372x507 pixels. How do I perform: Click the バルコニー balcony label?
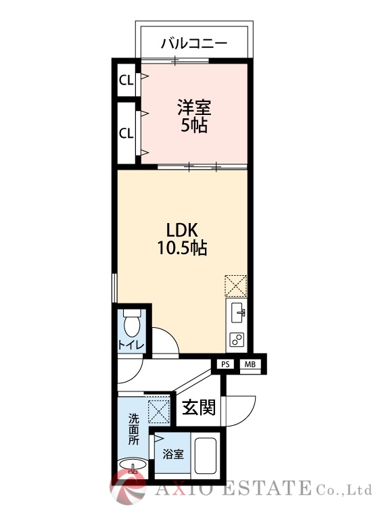coord(194,43)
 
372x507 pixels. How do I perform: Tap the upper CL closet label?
coord(126,80)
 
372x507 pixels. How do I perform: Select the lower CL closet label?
coord(126,133)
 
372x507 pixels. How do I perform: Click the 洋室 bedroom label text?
coord(194,107)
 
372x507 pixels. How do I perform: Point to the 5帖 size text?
coord(194,125)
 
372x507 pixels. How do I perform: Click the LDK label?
coord(182,231)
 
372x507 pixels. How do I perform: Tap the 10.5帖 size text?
coord(182,248)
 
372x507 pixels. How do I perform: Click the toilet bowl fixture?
coord(132,322)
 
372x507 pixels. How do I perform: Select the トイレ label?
coord(131,345)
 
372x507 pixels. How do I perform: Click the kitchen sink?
coord(237,312)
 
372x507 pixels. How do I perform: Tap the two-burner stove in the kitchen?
coord(237,339)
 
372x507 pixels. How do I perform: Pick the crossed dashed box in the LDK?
coord(236,286)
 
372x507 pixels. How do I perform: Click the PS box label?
coord(225,364)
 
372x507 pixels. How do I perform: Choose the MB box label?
coord(250,364)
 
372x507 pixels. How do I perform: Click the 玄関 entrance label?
coord(199,407)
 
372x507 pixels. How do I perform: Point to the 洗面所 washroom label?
coord(134,429)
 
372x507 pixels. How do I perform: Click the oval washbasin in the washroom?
coord(133,465)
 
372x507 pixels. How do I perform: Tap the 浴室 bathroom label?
coord(173,454)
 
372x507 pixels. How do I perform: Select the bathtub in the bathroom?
coord(205,456)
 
